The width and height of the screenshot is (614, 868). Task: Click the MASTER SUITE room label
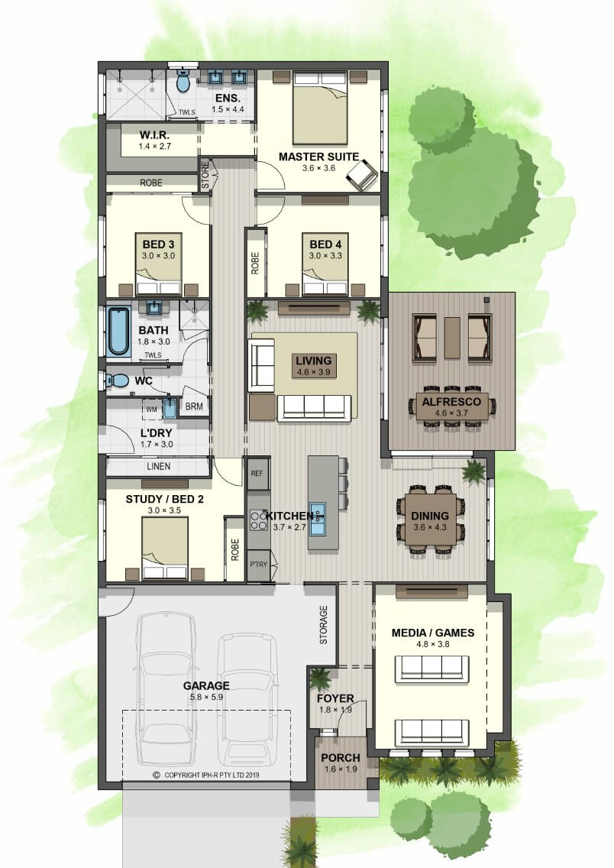point(318,157)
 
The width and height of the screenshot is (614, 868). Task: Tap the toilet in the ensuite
point(183,81)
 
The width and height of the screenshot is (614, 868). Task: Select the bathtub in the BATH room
point(118,331)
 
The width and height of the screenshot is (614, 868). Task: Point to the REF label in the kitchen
point(257,473)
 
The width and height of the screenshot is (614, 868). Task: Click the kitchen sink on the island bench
point(318,519)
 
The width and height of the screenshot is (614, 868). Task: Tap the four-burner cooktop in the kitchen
point(258,520)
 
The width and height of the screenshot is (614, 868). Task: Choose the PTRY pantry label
point(258,565)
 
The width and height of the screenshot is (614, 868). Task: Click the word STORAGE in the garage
point(324,625)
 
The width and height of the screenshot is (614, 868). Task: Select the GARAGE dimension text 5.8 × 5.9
point(206,697)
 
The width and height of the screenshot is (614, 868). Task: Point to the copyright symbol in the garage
point(157,775)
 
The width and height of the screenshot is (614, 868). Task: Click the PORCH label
point(340,757)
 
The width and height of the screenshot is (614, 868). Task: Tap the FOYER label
point(335,698)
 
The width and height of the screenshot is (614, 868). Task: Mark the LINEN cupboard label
point(158,466)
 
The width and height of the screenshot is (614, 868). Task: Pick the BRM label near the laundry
point(194,406)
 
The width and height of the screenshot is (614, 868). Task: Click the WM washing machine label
point(151,410)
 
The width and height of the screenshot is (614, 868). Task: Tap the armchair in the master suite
point(361,174)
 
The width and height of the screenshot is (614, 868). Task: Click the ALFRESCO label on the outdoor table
point(451,402)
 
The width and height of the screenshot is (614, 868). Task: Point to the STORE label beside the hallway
point(205,174)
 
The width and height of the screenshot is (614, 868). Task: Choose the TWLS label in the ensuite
point(187,112)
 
